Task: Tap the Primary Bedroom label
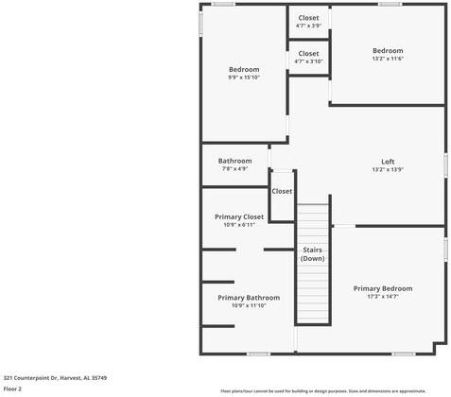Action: coord(382,288)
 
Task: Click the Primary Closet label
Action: coord(239,216)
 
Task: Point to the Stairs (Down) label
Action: coord(313,254)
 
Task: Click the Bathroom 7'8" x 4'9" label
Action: coord(234,161)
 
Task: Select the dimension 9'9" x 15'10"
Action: coord(243,78)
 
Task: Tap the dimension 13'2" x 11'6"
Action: coord(387,59)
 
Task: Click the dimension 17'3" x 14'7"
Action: coord(382,297)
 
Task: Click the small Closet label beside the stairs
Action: coord(282,191)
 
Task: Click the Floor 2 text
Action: coord(12,388)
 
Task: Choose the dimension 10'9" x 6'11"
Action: coord(239,225)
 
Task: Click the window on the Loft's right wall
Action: coord(445,163)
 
